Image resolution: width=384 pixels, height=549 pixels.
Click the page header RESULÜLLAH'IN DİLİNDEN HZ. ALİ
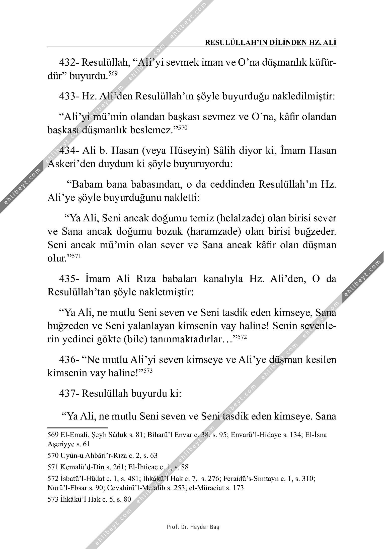(x=270, y=43)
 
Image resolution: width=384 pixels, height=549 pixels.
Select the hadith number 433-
(x=69, y=96)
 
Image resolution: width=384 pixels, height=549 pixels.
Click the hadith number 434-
(x=69, y=151)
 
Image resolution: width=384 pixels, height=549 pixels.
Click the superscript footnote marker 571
(x=76, y=256)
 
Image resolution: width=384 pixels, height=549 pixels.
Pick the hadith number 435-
(x=69, y=279)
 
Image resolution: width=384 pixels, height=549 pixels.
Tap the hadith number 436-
(x=69, y=360)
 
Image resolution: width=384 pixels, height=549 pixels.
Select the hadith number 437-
(x=69, y=394)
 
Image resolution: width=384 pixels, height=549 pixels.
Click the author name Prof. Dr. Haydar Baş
(x=193, y=527)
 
